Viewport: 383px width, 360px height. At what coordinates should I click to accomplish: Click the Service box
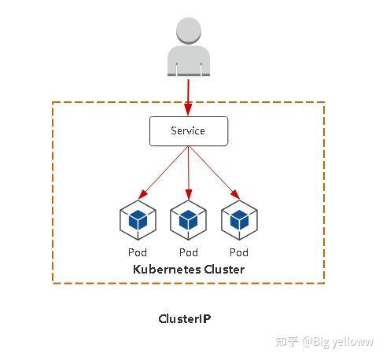pyautogui.click(x=188, y=130)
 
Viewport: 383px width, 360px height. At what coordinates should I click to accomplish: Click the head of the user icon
pyautogui.click(x=188, y=30)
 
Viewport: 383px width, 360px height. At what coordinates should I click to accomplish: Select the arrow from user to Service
pyautogui.click(x=188, y=96)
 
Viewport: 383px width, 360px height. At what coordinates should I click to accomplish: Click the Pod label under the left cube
pyautogui.click(x=138, y=252)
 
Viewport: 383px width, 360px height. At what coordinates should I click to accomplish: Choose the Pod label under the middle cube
pyautogui.click(x=189, y=252)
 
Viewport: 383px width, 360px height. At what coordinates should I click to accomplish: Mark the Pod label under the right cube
pyautogui.click(x=239, y=252)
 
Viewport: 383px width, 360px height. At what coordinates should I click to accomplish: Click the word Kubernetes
pyautogui.click(x=167, y=270)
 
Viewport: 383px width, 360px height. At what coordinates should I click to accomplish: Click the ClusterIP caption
pyautogui.click(x=185, y=319)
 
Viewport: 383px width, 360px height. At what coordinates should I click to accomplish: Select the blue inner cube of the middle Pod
pyautogui.click(x=189, y=219)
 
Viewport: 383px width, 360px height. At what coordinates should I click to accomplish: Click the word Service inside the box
pyautogui.click(x=188, y=130)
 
